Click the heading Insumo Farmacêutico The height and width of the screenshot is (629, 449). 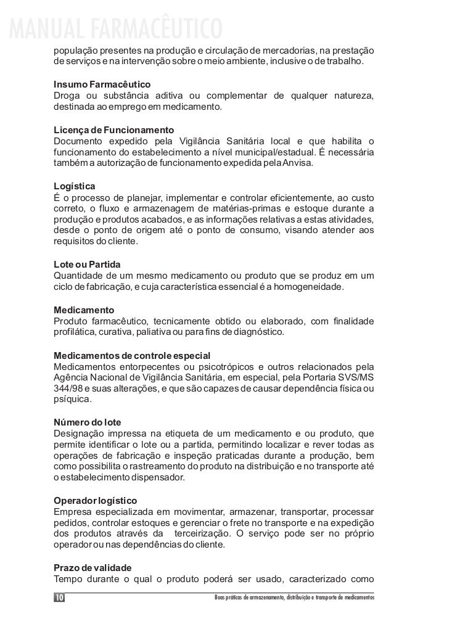(102, 83)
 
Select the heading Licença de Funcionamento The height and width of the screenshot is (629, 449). (114, 130)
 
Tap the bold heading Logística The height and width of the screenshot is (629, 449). (75, 186)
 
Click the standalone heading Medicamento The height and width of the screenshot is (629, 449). (84, 309)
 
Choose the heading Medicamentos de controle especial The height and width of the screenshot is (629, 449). (132, 356)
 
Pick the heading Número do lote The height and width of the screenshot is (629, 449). (88, 422)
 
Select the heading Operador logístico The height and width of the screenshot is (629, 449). (96, 499)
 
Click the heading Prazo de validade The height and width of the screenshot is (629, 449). (93, 567)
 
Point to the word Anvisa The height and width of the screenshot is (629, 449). (299, 163)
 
